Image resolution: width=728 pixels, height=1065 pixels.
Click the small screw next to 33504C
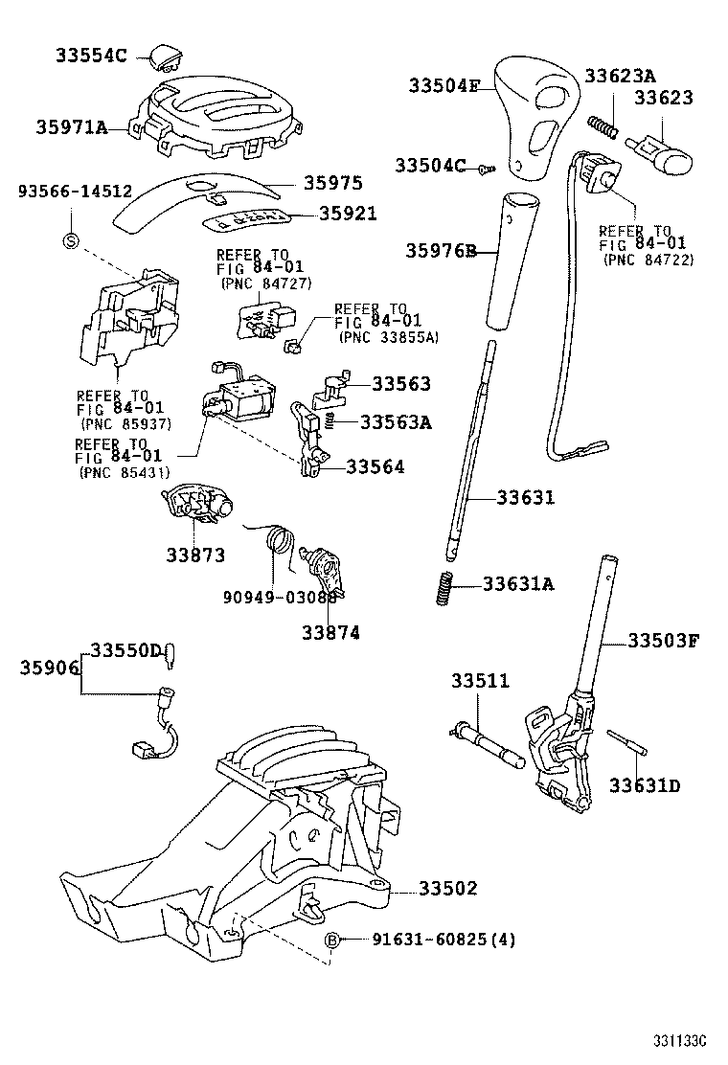point(486,168)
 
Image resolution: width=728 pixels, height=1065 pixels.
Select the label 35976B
point(440,252)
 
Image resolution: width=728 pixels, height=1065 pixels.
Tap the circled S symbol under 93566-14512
point(70,240)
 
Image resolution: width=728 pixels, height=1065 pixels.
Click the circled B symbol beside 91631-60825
point(333,940)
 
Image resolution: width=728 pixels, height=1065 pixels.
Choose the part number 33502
point(447,889)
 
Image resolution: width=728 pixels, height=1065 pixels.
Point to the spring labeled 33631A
point(443,587)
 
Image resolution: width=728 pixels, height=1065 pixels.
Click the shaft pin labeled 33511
point(488,743)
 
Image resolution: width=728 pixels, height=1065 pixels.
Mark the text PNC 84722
point(648,260)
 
